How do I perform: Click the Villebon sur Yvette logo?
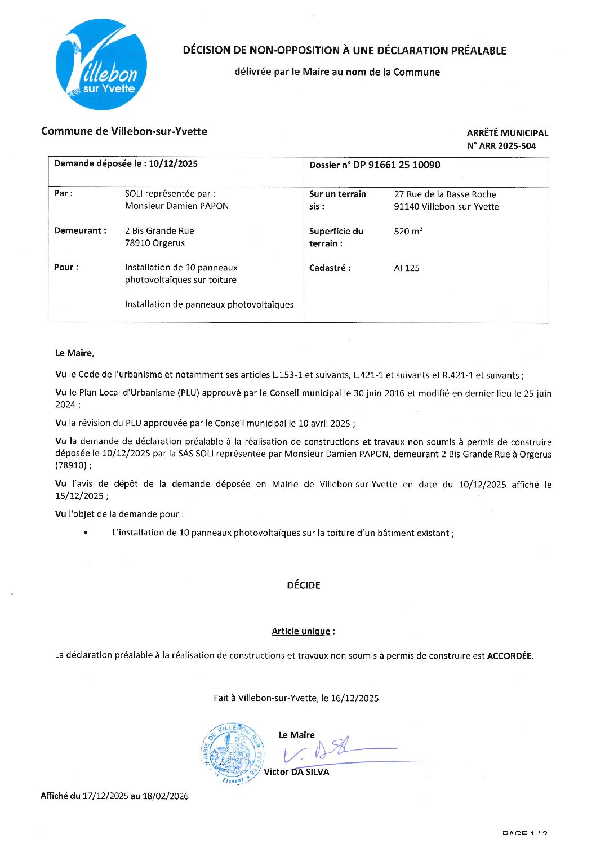click(x=101, y=64)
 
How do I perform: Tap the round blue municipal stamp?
click(x=232, y=753)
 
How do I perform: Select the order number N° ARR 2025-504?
click(x=501, y=145)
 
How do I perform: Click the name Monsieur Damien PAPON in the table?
click(x=177, y=206)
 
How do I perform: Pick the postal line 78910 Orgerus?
click(x=155, y=243)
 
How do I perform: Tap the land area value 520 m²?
click(x=408, y=231)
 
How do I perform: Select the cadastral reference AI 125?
click(x=407, y=268)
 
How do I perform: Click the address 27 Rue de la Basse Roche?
click(x=445, y=194)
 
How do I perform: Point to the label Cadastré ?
click(x=330, y=268)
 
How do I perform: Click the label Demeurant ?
click(x=80, y=230)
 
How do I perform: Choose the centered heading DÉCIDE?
click(x=304, y=585)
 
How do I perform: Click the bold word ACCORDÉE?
click(x=509, y=655)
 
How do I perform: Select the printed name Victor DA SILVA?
click(x=296, y=772)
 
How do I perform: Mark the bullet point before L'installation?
click(x=85, y=533)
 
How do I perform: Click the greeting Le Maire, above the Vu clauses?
click(x=74, y=353)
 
